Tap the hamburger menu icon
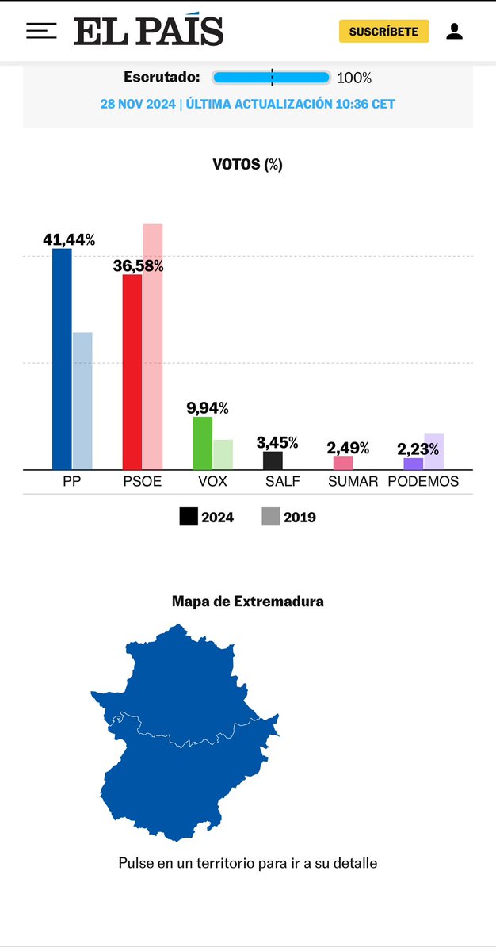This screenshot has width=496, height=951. tap(41, 31)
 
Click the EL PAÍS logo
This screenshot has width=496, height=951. tap(149, 32)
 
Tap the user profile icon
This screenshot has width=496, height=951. tap(454, 32)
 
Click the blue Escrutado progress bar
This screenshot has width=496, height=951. tap(271, 78)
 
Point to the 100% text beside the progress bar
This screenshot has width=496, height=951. tap(354, 78)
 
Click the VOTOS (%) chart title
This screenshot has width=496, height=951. tap(247, 164)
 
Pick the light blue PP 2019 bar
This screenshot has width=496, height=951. tap(82, 400)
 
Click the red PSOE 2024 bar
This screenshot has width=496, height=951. tap(132, 372)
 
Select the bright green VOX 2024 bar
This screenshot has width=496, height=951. tap(202, 443)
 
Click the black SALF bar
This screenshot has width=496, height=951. tap(273, 460)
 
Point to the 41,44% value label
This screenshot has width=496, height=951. tap(68, 239)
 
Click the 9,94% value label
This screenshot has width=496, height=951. tap(208, 408)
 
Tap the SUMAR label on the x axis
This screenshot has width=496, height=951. tap(353, 481)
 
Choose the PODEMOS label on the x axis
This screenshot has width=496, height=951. tap(422, 481)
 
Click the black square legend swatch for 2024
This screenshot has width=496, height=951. tap(189, 517)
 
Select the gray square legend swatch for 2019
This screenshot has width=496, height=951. tap(271, 517)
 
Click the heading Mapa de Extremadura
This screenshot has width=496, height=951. tap(247, 602)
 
